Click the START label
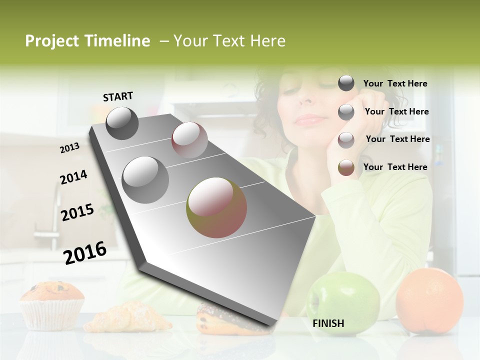118,96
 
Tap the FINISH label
328,323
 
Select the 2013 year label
69,147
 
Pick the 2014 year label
73,177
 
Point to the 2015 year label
77,212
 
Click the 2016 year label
85,252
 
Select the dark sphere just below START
122,123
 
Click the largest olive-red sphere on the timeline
216,207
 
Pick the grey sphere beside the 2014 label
145,179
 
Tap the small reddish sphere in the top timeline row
189,140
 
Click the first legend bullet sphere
346,83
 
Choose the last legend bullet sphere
346,167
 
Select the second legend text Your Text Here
396,111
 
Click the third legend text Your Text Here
397,139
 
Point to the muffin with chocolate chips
52,304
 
